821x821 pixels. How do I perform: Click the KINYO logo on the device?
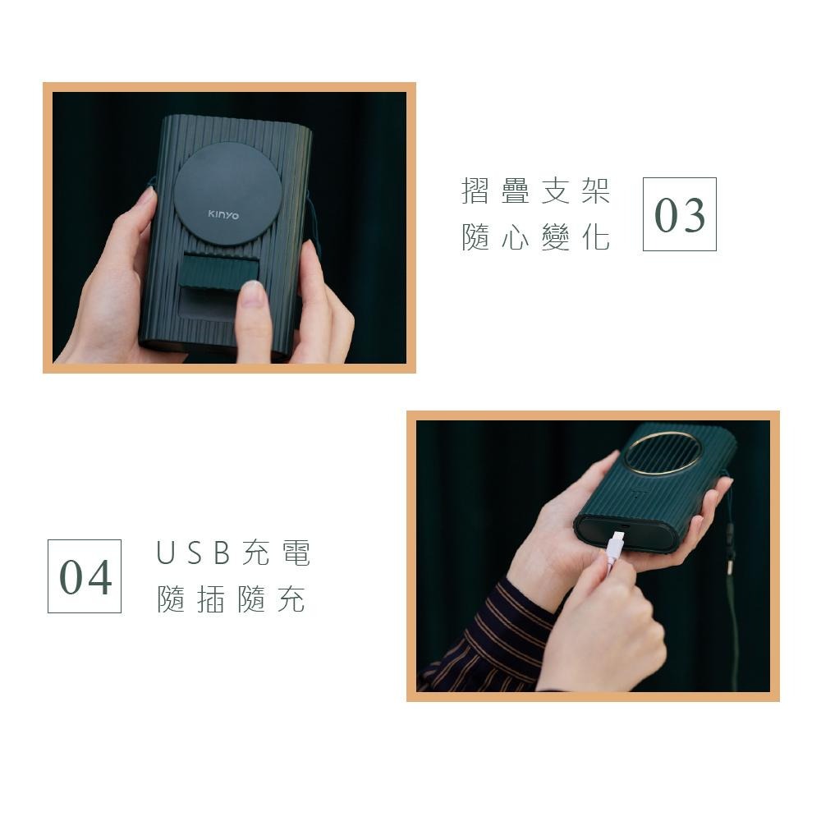coord(223,215)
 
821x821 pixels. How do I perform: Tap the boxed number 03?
coord(679,214)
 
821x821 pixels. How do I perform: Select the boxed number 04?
coord(85,576)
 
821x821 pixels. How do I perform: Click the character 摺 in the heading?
coord(475,191)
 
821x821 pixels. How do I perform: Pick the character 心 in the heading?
coord(516,237)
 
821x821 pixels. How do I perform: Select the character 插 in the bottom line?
coord(211,600)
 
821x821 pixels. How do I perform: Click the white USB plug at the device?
coord(616,544)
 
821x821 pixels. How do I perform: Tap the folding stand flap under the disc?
coord(218,271)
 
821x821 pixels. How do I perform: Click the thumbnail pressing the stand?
coord(254,294)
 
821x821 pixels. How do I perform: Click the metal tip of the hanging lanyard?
coord(729,566)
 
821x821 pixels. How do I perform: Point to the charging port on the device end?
coord(623,526)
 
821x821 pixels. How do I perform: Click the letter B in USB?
coord(220,554)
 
